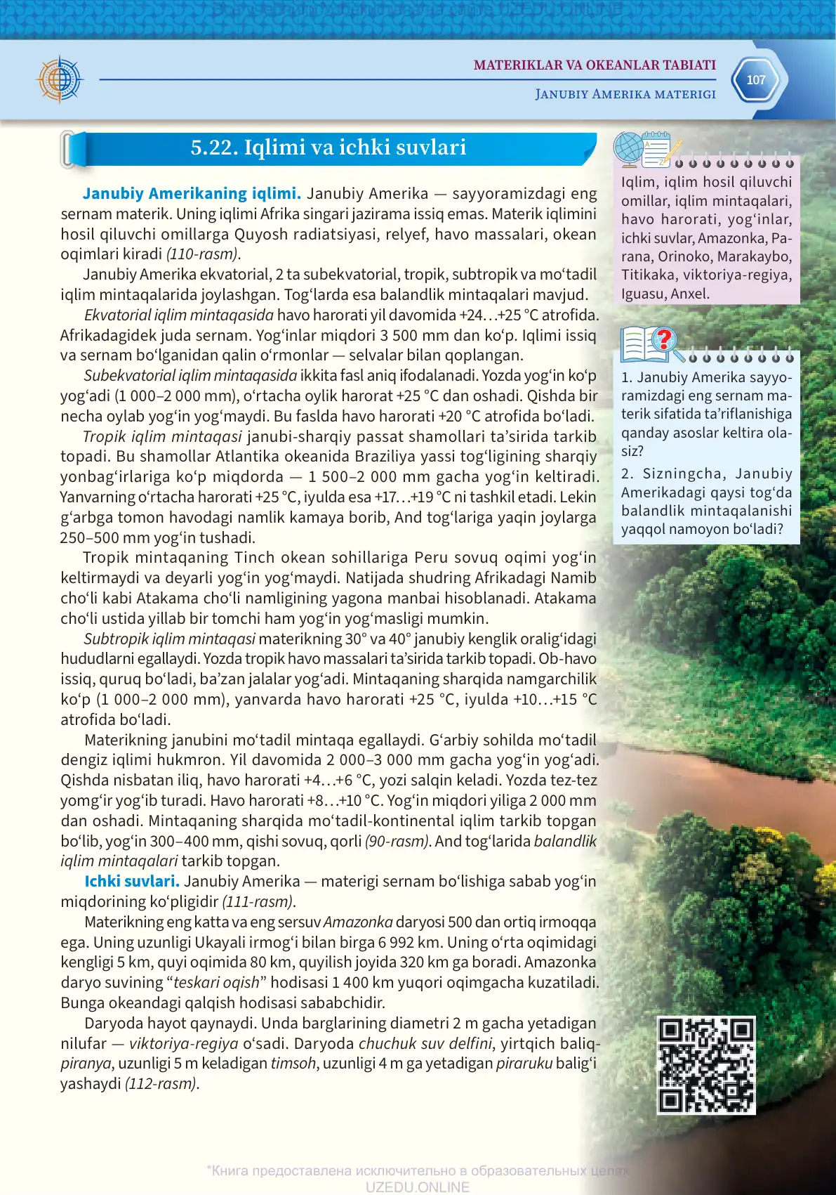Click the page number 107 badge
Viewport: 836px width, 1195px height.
pyautogui.click(x=755, y=80)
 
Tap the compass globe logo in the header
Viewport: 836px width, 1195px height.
pyautogui.click(x=60, y=79)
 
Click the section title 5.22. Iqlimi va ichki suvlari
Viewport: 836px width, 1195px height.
pyautogui.click(x=329, y=148)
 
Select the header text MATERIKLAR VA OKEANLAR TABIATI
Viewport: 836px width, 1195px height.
pyautogui.click(x=595, y=65)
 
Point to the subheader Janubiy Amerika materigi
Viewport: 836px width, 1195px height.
pyautogui.click(x=625, y=94)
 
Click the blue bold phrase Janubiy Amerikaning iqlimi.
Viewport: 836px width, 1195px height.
pyautogui.click(x=192, y=194)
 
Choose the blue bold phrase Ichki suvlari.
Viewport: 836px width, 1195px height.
pyautogui.click(x=132, y=881)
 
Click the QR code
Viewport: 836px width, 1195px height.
pyautogui.click(x=706, y=1065)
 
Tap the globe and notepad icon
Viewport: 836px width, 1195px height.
pyautogui.click(x=646, y=149)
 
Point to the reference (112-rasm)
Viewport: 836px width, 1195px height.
pyautogui.click(x=161, y=1083)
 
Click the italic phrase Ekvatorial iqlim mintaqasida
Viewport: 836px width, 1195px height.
pyautogui.click(x=178, y=315)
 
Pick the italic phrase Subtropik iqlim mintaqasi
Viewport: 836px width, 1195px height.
pyautogui.click(x=169, y=639)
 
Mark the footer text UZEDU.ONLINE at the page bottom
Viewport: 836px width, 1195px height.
pyautogui.click(x=417, y=1187)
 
